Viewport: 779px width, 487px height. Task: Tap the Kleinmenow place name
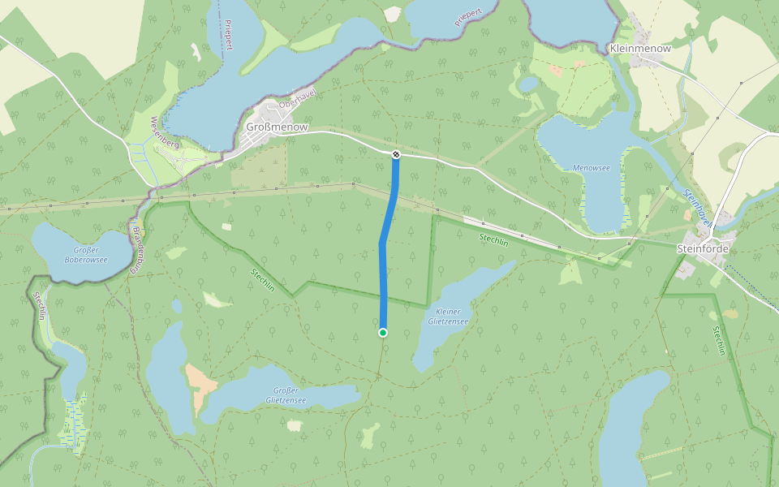coord(639,50)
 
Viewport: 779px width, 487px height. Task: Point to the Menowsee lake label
coord(591,168)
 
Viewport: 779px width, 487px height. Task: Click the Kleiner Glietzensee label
coord(448,317)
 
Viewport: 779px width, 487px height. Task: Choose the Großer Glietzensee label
coord(286,396)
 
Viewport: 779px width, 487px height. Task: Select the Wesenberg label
coord(164,132)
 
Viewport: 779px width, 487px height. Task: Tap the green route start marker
coord(383,332)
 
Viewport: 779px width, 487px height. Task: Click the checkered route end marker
coord(396,154)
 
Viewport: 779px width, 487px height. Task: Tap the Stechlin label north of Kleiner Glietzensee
coord(493,240)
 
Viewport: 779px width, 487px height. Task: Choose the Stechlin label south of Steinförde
coord(718,341)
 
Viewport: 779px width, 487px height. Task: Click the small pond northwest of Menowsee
coord(528,84)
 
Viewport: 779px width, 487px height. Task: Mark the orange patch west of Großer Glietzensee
coord(197,386)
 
